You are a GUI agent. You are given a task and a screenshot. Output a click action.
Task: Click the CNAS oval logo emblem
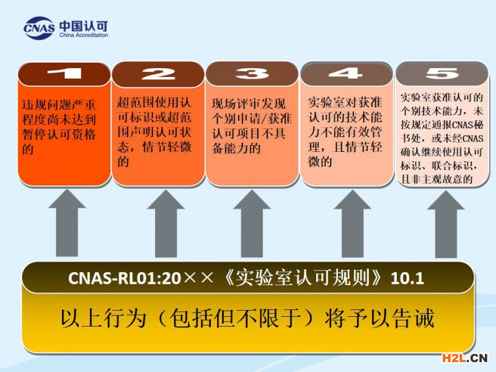38,28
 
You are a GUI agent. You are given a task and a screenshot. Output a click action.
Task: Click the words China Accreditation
84,35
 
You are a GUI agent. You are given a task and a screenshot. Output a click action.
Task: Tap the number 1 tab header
64,74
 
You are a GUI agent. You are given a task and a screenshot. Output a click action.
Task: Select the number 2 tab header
158,74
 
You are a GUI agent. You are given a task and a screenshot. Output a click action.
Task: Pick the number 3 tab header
252,74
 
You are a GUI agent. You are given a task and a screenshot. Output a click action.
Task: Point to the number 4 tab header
346,73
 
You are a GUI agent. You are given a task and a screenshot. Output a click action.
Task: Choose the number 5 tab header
441,73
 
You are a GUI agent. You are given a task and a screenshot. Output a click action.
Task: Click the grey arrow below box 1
67,223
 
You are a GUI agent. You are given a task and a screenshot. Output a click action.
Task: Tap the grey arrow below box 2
166,223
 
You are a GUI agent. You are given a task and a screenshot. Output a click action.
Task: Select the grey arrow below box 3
252,223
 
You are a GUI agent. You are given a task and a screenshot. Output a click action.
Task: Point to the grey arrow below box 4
352,223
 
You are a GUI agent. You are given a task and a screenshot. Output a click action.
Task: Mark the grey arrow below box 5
446,223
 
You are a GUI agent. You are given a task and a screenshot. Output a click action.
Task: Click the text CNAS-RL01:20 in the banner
125,278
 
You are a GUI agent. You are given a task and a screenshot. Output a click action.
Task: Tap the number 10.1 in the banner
407,278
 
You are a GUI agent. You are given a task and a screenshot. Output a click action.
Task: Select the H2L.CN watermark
464,358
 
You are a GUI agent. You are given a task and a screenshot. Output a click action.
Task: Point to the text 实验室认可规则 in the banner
303,278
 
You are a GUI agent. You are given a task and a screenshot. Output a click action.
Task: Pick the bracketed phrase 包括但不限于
236,318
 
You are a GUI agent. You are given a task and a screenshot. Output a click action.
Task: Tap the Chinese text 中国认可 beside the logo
84,25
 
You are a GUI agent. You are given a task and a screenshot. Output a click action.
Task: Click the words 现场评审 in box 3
236,104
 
